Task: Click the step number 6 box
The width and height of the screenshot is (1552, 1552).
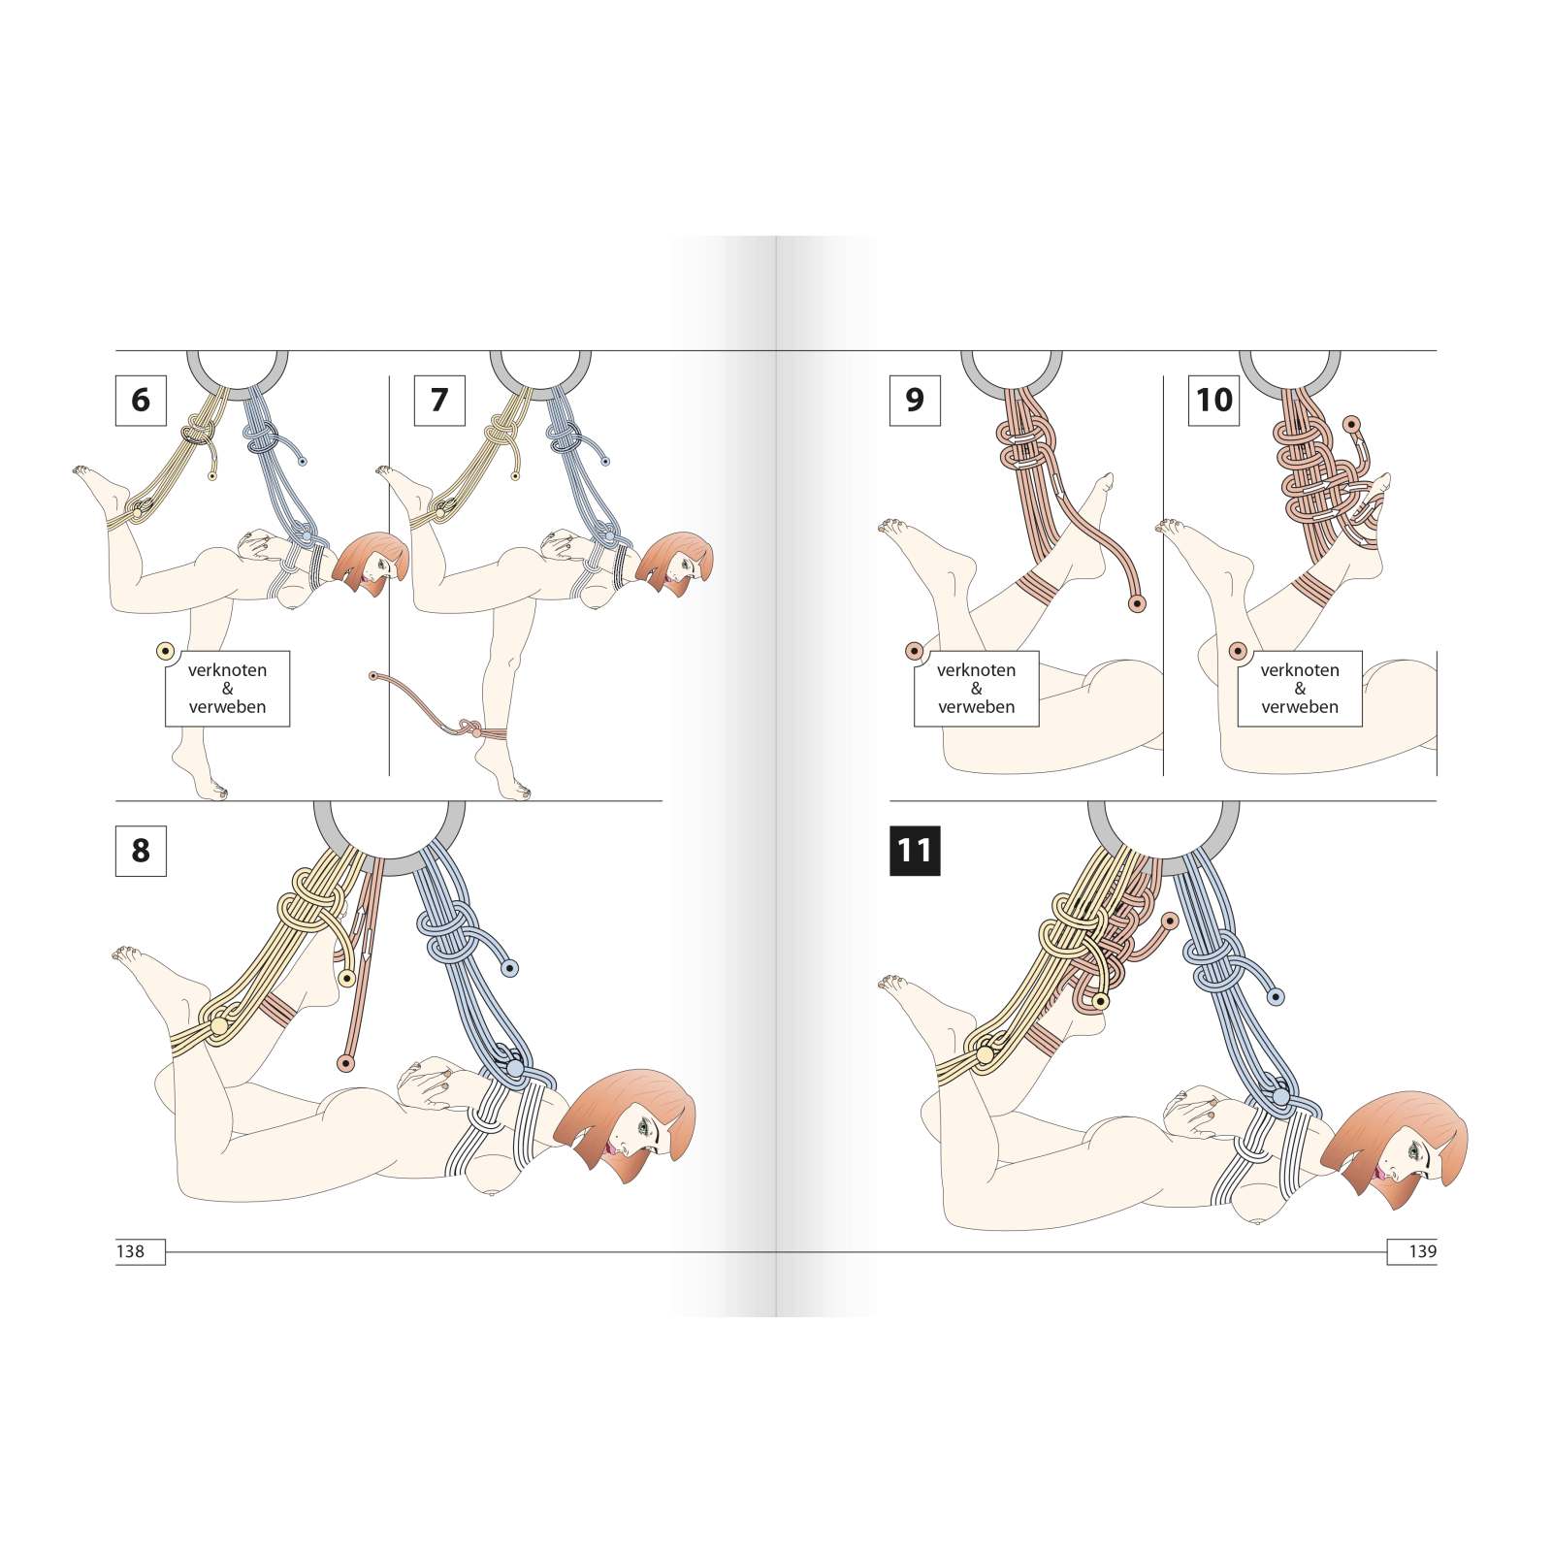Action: pyautogui.click(x=141, y=400)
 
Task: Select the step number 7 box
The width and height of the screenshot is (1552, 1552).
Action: pyautogui.click(x=439, y=400)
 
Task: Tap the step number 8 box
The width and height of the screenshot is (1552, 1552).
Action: pyautogui.click(x=141, y=851)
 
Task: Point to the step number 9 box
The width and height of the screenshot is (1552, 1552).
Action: pyautogui.click(x=915, y=400)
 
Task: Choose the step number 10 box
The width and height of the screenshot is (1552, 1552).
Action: pyautogui.click(x=1213, y=400)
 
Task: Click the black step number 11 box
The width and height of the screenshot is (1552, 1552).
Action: pyautogui.click(x=915, y=851)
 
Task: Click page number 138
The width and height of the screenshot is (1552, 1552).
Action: pyautogui.click(x=130, y=1251)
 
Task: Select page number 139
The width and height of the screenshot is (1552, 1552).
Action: pyautogui.click(x=1422, y=1251)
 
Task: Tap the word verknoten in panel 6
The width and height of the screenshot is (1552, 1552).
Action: pyautogui.click(x=227, y=670)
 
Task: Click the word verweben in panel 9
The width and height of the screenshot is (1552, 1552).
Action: pyautogui.click(x=977, y=707)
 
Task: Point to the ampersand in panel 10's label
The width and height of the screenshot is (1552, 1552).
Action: pyautogui.click(x=1300, y=689)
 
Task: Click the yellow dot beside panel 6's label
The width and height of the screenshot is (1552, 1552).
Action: pyautogui.click(x=165, y=651)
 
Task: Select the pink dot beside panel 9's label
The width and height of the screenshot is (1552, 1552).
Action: pyautogui.click(x=914, y=651)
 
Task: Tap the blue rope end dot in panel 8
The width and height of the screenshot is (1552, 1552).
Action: pyautogui.click(x=509, y=968)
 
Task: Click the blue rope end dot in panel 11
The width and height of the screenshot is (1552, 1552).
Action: pyautogui.click(x=1276, y=996)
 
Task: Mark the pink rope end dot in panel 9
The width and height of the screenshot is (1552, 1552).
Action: pyautogui.click(x=1137, y=603)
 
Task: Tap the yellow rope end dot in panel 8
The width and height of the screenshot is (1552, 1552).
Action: pyautogui.click(x=344, y=979)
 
